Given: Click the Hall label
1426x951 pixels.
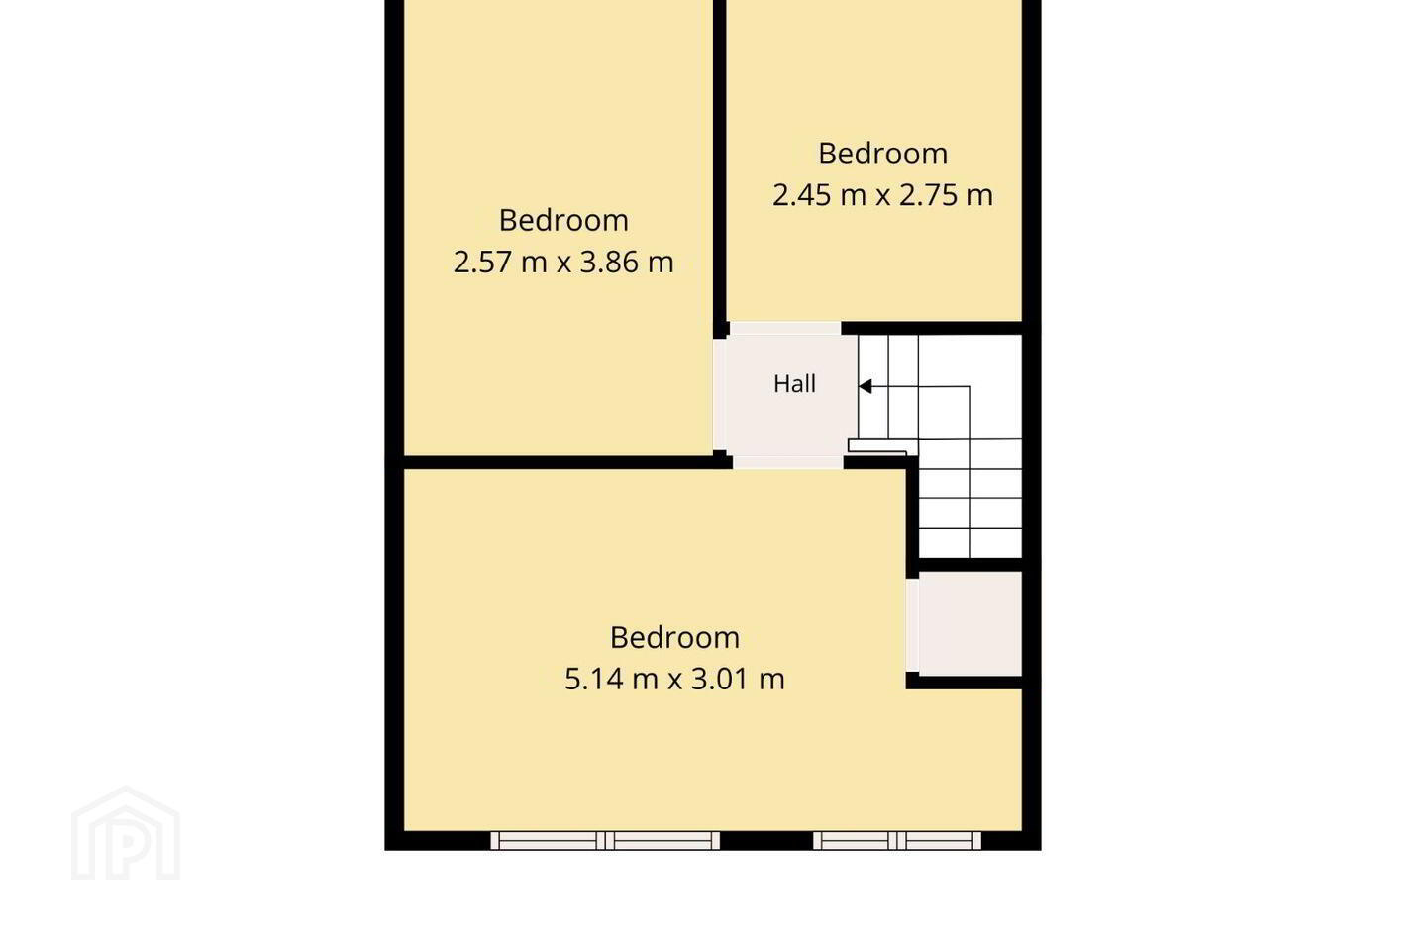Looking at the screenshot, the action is pyautogui.click(x=794, y=384).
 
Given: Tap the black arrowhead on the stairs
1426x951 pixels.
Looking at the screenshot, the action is pyautogui.click(x=866, y=386).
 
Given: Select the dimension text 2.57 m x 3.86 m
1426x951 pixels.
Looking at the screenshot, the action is pyautogui.click(x=563, y=262).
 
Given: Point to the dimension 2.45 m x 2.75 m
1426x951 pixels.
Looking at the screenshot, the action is pyautogui.click(x=883, y=195).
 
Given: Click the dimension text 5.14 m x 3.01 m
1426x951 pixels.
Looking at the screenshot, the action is pyautogui.click(x=674, y=679).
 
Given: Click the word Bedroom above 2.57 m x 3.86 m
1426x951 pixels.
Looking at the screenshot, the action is pyautogui.click(x=563, y=220).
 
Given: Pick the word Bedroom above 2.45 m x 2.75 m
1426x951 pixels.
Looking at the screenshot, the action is pyautogui.click(x=883, y=154).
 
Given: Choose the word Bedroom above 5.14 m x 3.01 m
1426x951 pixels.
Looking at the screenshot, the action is pyautogui.click(x=674, y=638).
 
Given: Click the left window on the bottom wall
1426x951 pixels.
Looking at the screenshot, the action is pyautogui.click(x=605, y=841).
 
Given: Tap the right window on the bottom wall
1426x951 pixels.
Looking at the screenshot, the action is pyautogui.click(x=897, y=841).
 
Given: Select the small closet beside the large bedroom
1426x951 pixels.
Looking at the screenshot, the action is pyautogui.click(x=970, y=623).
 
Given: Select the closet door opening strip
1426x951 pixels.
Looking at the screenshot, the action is pyautogui.click(x=912, y=625).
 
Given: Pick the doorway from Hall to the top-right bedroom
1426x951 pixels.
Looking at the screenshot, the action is pyautogui.click(x=785, y=328).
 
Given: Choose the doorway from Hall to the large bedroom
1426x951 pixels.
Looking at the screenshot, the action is pyautogui.click(x=788, y=462).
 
